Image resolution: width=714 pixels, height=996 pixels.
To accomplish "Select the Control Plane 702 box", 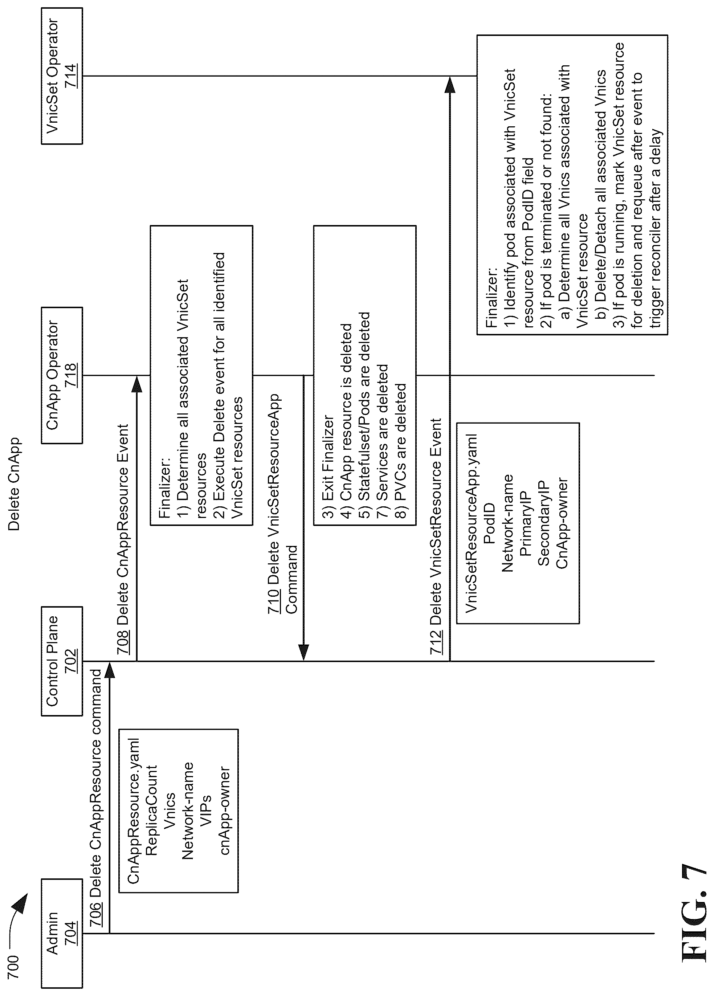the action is click(x=62, y=661).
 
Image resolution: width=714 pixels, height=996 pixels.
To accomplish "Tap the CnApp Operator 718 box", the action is click(x=62, y=375).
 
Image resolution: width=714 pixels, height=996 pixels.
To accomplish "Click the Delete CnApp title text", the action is click(x=14, y=483).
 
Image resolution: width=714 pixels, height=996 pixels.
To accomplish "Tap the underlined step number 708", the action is click(x=123, y=642).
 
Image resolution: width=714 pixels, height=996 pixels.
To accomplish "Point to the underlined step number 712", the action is click(x=436, y=642).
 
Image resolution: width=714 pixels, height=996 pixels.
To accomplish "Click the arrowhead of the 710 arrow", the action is click(x=303, y=652).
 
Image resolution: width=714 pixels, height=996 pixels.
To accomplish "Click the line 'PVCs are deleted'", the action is click(x=400, y=444).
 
